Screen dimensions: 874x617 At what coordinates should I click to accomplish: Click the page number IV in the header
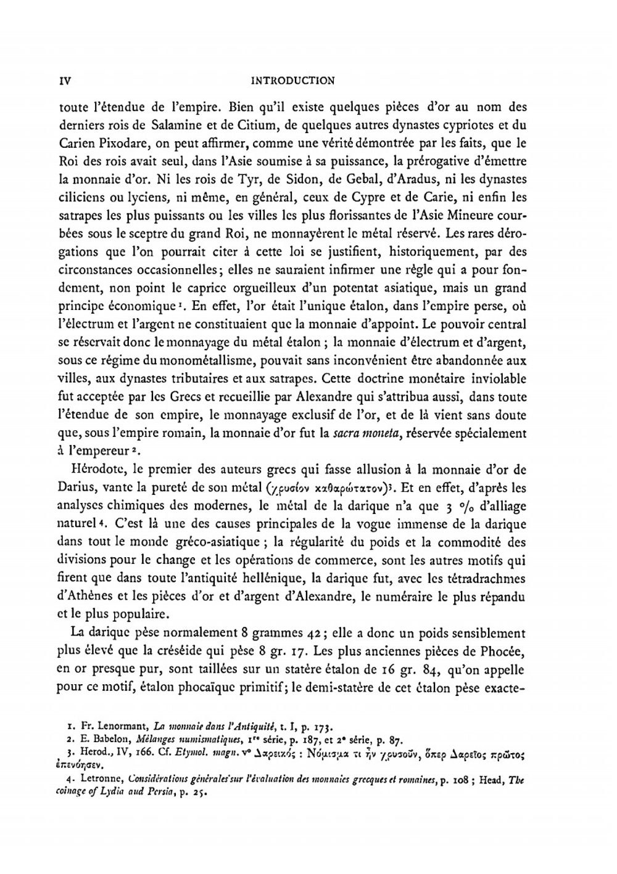tap(63, 80)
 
